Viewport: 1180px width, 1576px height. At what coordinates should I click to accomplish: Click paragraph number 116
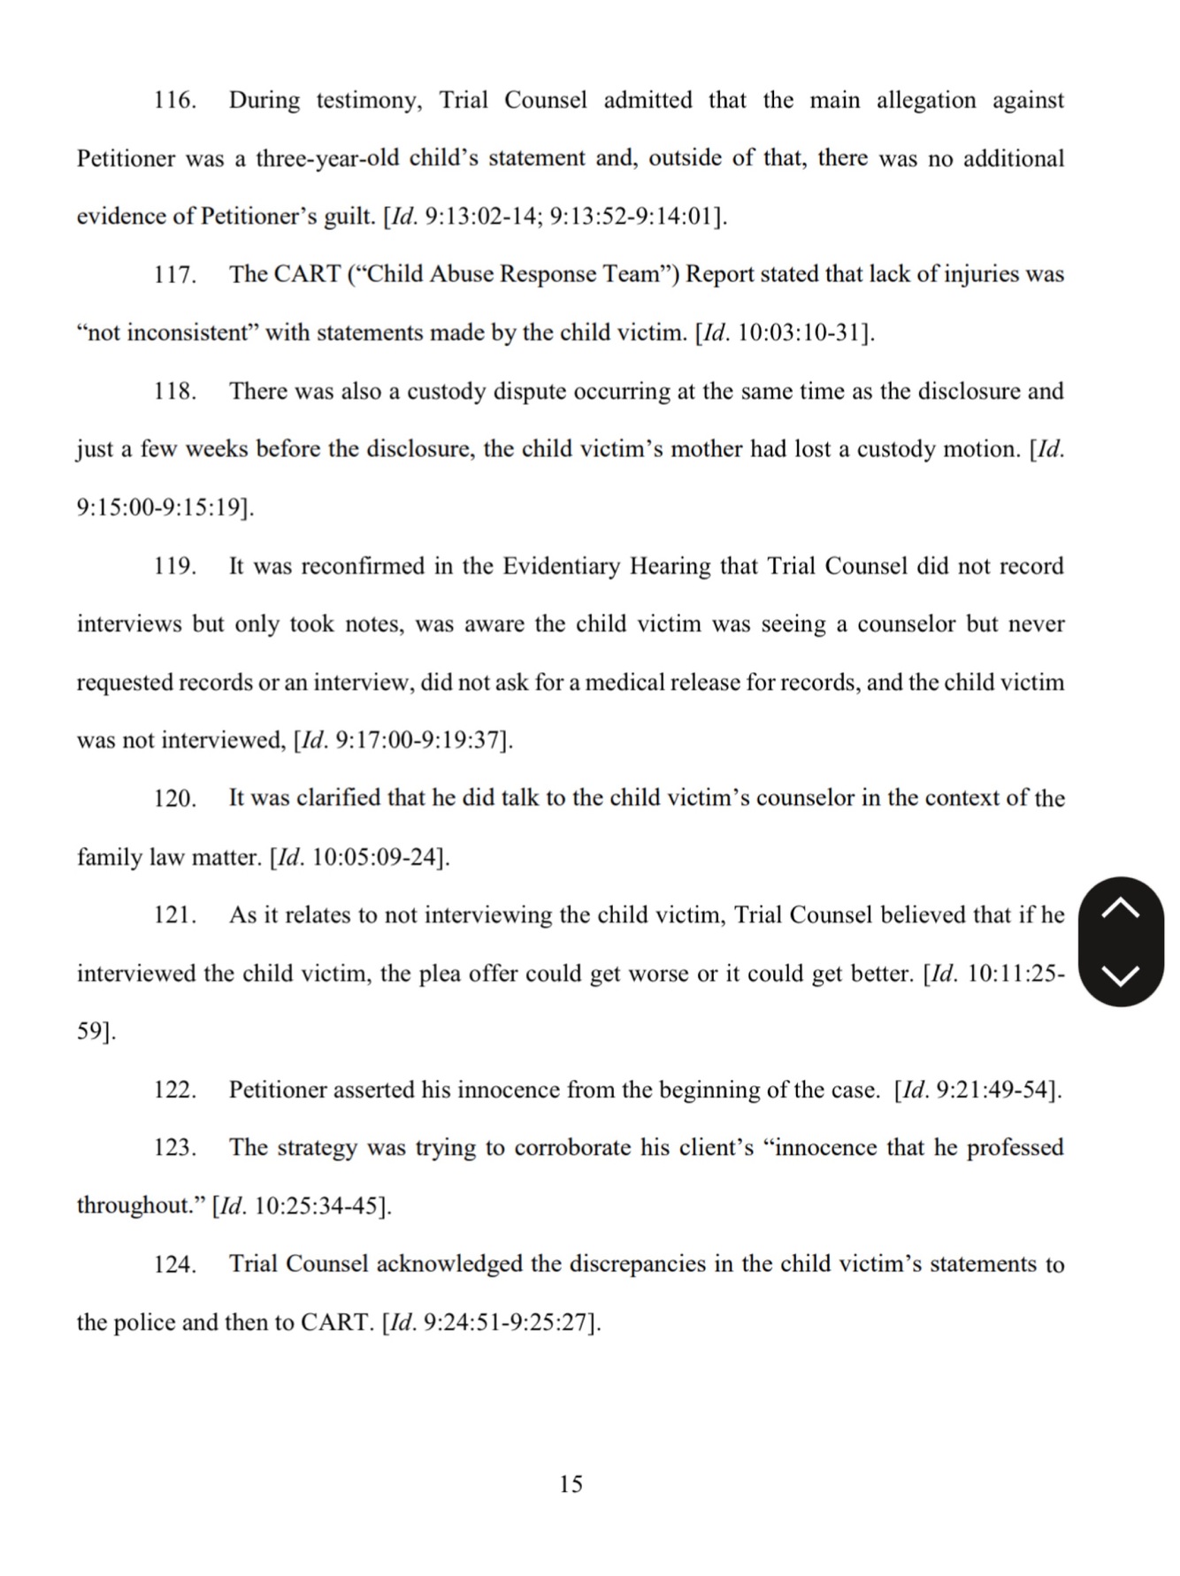(x=174, y=100)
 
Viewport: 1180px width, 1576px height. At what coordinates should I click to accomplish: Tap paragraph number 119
(x=174, y=566)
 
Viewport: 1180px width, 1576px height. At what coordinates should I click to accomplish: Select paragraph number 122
(x=174, y=1090)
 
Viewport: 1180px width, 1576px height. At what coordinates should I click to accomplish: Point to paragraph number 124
(x=174, y=1265)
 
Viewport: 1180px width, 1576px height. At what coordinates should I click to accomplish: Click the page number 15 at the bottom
(x=571, y=1484)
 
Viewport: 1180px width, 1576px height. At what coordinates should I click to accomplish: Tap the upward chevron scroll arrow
(x=1121, y=908)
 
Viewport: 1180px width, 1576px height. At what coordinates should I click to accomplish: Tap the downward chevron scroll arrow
(x=1121, y=975)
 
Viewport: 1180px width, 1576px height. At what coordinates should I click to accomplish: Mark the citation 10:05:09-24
(x=375, y=857)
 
